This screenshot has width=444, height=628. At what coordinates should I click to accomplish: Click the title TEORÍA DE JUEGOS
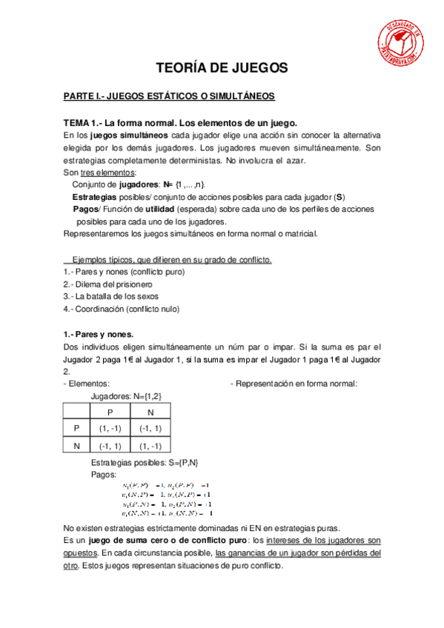(x=222, y=68)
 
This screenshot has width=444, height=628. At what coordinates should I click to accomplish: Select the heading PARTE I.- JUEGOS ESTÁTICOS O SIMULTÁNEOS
(x=169, y=97)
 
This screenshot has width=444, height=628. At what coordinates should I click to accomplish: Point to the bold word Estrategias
(x=94, y=196)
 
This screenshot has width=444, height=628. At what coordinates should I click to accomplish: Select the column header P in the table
(x=110, y=412)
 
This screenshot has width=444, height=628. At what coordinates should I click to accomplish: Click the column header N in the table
(x=150, y=412)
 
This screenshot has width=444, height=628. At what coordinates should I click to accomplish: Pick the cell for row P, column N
(x=150, y=429)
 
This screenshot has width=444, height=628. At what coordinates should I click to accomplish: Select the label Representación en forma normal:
(x=294, y=384)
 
